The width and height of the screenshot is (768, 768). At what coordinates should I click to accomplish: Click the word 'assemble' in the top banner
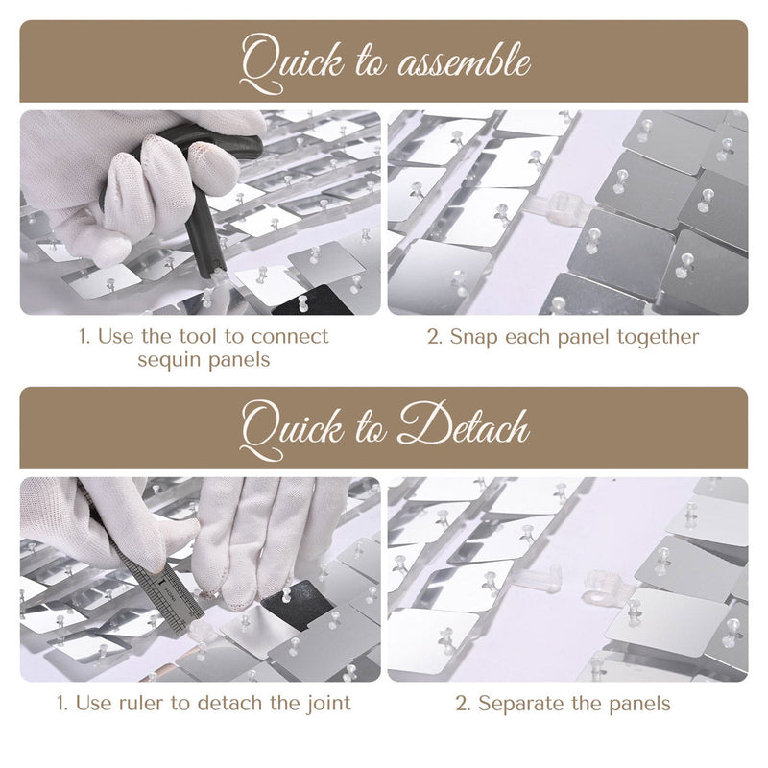[x=464, y=63]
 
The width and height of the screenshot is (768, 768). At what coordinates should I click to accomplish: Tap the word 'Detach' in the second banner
[x=464, y=425]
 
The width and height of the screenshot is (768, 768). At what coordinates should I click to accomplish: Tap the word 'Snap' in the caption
[x=473, y=338]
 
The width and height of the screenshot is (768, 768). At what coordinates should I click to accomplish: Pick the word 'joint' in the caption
[x=329, y=704]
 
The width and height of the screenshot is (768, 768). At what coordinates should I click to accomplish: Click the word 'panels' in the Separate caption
[x=638, y=705]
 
